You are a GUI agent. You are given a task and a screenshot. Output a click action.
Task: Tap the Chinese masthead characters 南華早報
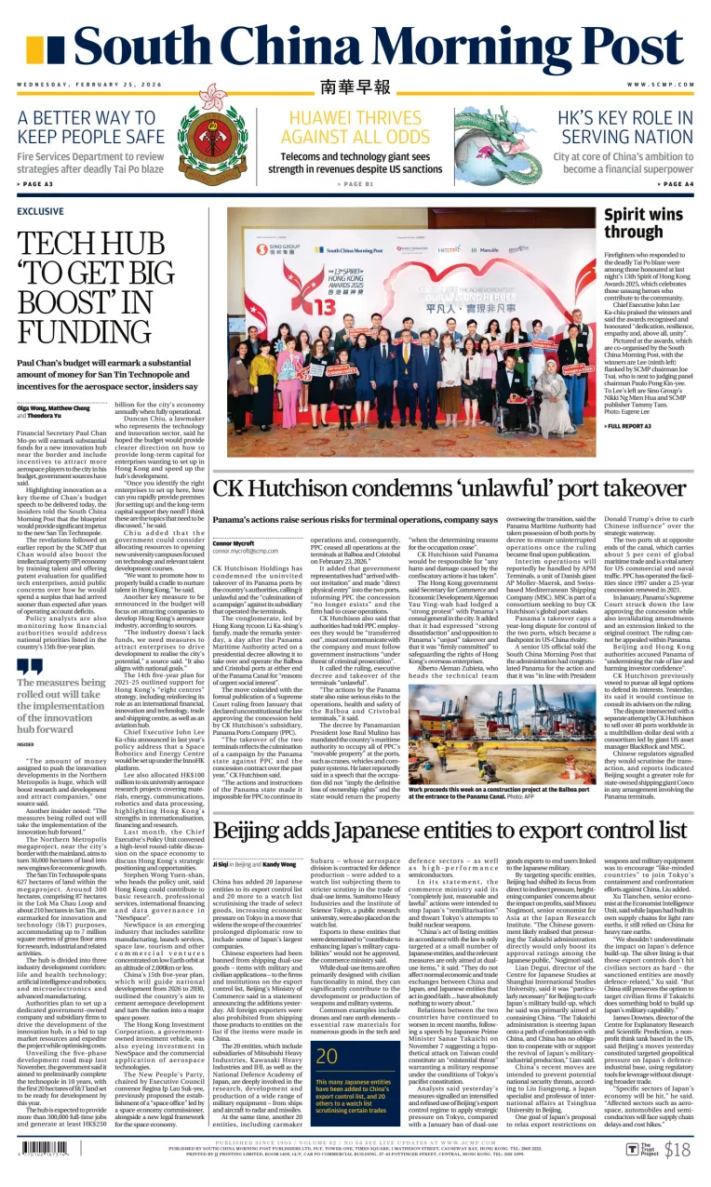click(355, 87)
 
